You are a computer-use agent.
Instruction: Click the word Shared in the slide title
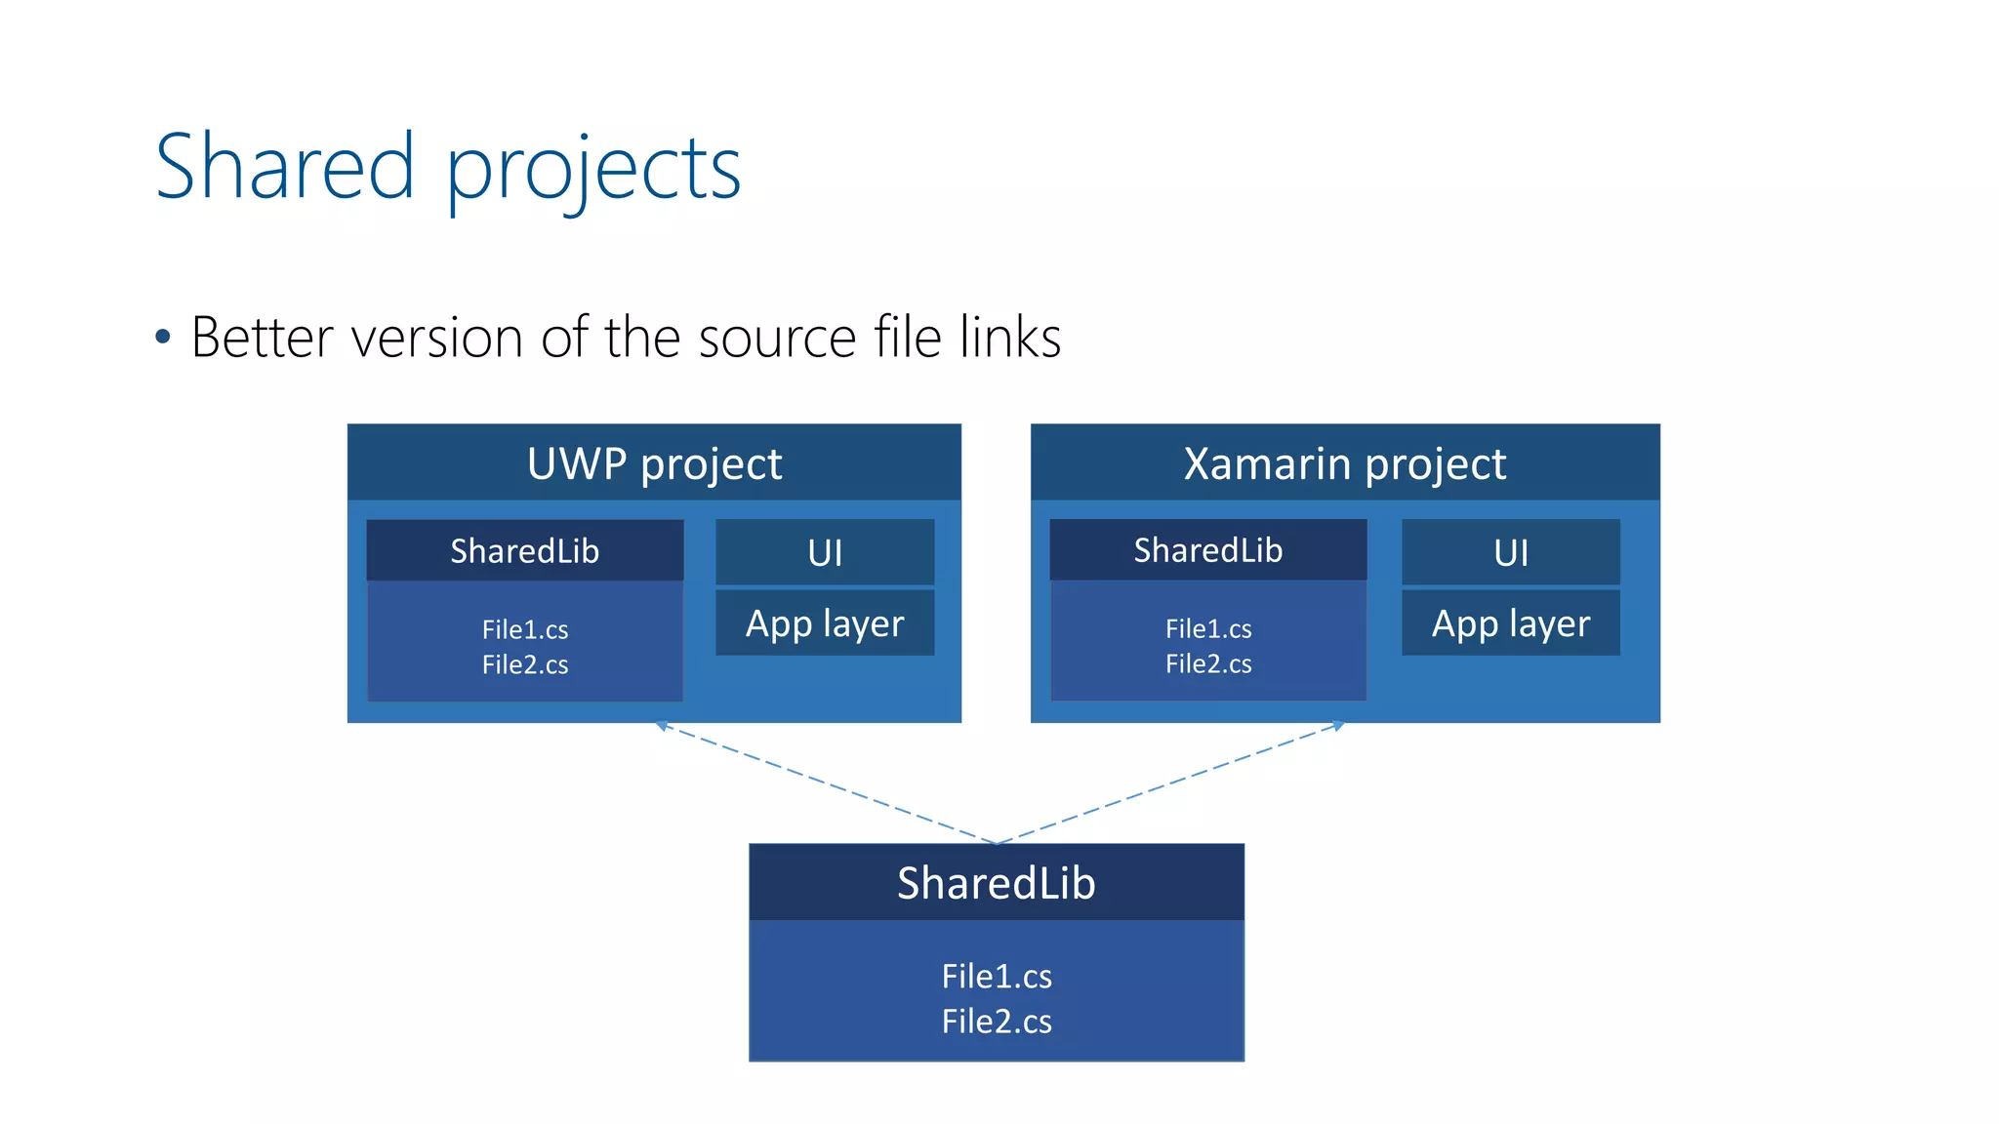click(285, 168)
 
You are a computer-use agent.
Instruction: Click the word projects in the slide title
click(593, 171)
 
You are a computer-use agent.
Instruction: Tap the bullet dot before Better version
click(163, 338)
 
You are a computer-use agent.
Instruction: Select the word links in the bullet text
click(1010, 338)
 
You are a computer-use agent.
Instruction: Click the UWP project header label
click(654, 463)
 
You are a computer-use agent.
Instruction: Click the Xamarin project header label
click(1344, 463)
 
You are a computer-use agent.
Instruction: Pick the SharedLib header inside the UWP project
click(524, 551)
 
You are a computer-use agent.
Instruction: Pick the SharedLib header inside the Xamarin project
click(1207, 550)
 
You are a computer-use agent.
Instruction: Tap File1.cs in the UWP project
click(524, 629)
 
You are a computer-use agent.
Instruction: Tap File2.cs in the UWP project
click(524, 664)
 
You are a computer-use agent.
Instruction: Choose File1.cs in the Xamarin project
click(1207, 628)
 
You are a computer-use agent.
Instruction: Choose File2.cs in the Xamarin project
click(1207, 663)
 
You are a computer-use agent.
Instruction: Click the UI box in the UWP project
click(825, 553)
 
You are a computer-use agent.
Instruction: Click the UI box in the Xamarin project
click(1510, 553)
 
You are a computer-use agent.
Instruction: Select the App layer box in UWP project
click(825, 623)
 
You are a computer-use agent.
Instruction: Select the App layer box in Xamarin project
click(1510, 623)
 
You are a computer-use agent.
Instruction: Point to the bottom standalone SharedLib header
click(996, 883)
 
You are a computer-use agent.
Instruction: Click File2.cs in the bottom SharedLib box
click(996, 1022)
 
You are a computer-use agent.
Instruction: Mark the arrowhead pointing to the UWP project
click(662, 726)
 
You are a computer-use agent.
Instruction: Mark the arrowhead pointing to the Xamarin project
click(1338, 726)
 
